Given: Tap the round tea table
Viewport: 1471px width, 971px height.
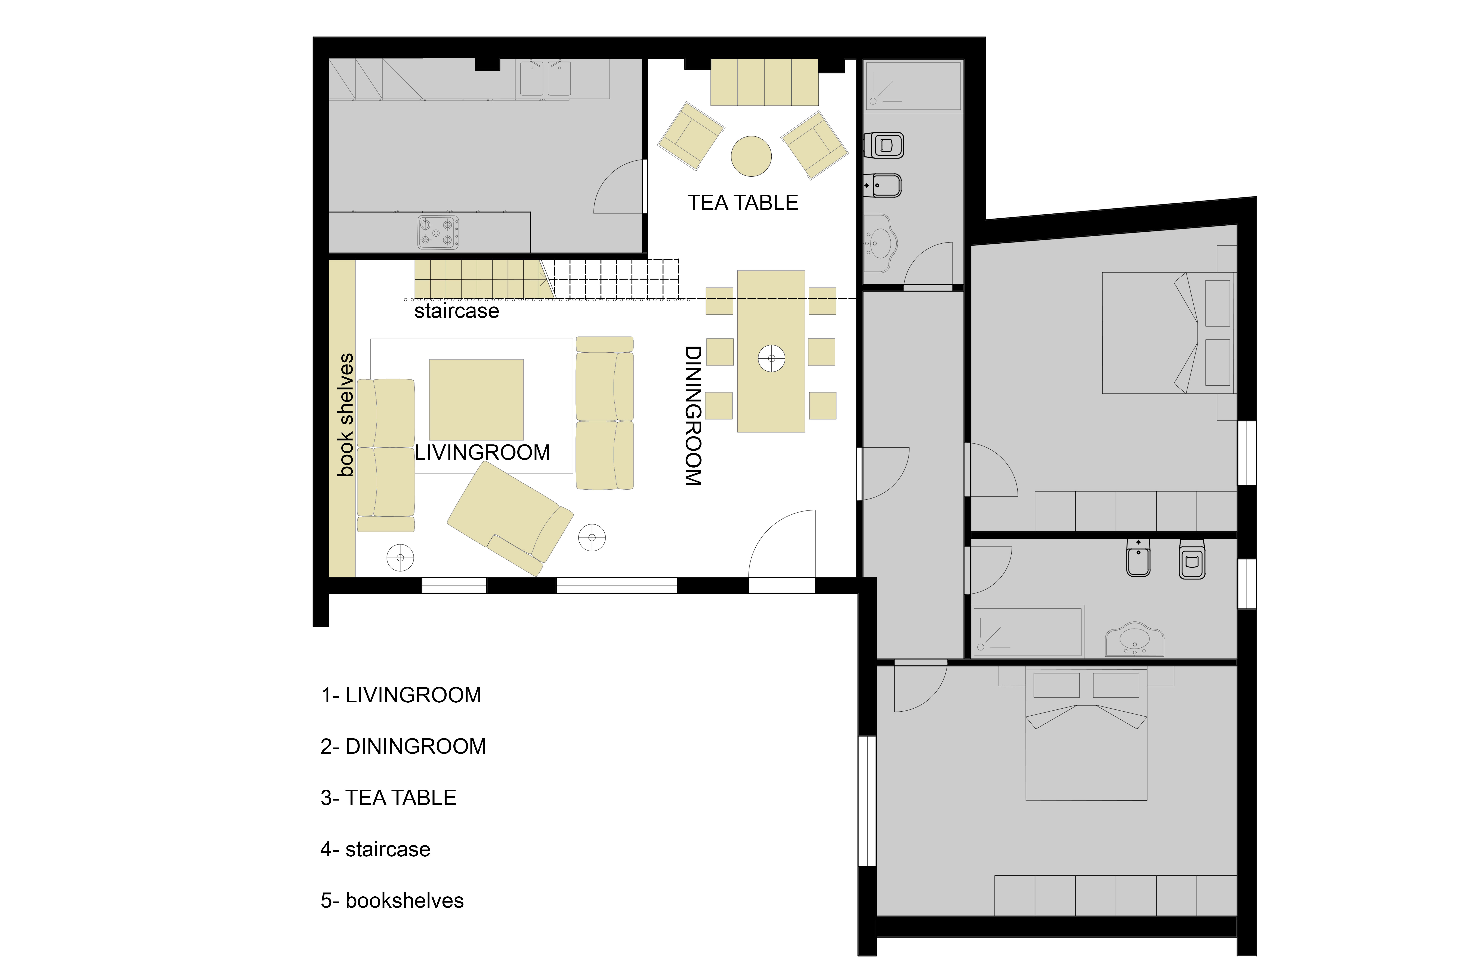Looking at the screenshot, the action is pyautogui.click(x=751, y=156).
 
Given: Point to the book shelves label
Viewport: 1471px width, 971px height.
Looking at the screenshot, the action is pyautogui.click(x=345, y=415).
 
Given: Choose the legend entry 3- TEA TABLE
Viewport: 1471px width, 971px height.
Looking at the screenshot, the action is pyautogui.click(x=388, y=798).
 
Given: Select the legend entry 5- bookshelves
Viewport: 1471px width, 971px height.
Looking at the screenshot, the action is pyautogui.click(x=392, y=900).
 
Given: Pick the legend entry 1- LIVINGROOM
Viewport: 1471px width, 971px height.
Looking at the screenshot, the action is pyautogui.click(x=401, y=695).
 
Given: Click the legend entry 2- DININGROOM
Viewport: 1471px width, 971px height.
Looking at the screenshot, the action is pyautogui.click(x=403, y=746).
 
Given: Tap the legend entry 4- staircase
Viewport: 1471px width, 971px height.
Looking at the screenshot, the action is pyautogui.click(x=375, y=849).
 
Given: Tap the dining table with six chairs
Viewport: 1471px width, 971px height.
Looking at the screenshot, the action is pyautogui.click(x=771, y=351).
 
